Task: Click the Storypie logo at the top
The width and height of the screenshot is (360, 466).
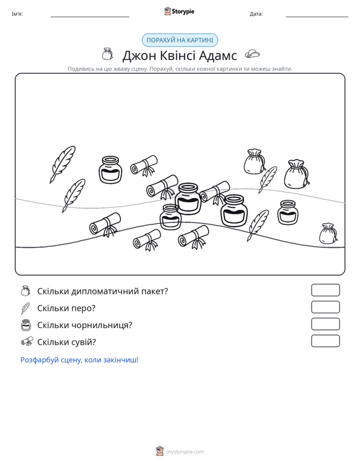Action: point(179,11)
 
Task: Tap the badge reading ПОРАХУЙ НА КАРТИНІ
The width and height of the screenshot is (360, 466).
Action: point(180,40)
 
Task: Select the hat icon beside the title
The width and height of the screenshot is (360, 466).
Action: point(252,54)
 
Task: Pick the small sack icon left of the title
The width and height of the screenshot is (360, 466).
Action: point(107,54)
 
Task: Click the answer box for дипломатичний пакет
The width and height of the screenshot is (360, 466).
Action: point(325,290)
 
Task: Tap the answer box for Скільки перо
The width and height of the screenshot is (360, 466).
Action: point(325,307)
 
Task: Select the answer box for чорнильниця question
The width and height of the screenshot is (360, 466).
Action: point(325,324)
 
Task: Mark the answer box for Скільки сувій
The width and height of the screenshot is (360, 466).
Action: point(325,341)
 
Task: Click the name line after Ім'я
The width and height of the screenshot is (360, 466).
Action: point(90,17)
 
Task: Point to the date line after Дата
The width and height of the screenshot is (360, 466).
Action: point(317,17)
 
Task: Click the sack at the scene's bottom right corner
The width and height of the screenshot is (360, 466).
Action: point(328,233)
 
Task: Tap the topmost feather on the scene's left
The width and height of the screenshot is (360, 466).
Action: point(62,164)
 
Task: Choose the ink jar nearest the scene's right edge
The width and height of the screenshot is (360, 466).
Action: point(287,212)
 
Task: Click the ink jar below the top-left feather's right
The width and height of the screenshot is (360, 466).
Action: point(110,170)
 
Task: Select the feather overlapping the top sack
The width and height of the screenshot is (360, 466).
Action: point(268,179)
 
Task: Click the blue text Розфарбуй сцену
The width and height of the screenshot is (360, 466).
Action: point(80,360)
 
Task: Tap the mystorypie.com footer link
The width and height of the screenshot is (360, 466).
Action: point(184,452)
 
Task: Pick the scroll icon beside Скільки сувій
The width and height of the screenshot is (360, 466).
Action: point(27,342)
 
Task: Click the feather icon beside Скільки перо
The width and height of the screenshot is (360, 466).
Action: point(25,308)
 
